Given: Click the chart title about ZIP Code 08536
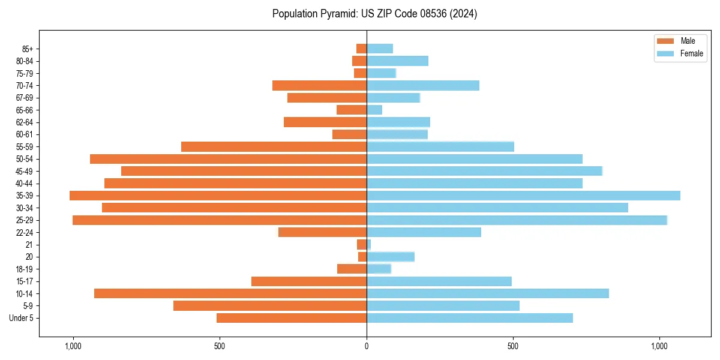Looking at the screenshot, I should [374, 14].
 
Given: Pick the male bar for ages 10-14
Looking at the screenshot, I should [230, 293].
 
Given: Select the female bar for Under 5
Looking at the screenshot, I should [469, 318].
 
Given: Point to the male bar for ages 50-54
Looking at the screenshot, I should [228, 159].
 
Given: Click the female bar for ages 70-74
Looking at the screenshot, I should [422, 86].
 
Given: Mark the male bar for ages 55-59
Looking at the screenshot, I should [274, 146].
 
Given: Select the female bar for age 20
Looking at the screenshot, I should [390, 257].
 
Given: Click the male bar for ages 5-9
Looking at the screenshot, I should [270, 306].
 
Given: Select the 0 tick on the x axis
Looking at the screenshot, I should [367, 346].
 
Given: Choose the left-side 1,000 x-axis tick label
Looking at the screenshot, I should [73, 346].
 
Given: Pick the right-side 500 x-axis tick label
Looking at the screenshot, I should [513, 346].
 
